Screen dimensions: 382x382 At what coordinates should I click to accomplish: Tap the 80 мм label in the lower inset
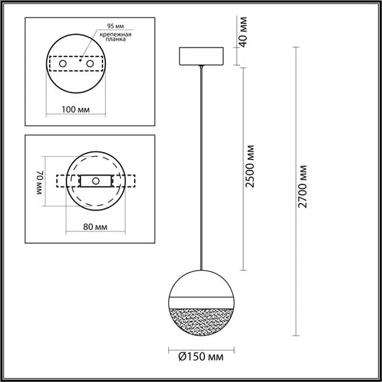click(x=94, y=227)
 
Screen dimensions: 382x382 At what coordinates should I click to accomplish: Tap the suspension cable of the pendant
click(x=201, y=168)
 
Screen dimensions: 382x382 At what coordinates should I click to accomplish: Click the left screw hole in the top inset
click(x=64, y=63)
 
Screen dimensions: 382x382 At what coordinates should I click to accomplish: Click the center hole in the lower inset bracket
click(x=96, y=181)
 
